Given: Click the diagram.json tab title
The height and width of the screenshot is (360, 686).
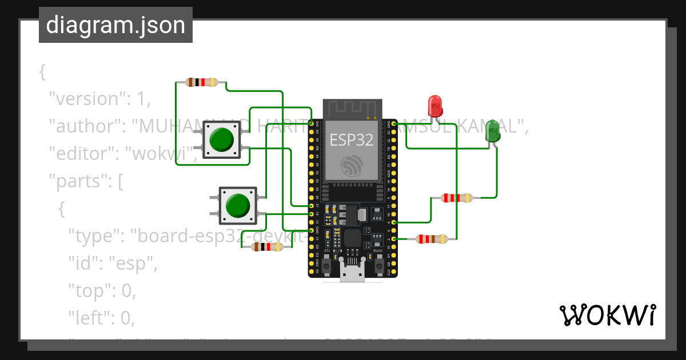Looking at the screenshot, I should point(115,25).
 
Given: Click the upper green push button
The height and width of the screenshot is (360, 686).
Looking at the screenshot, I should point(221,139).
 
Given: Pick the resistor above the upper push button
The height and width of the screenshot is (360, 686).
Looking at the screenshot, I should point(202,82).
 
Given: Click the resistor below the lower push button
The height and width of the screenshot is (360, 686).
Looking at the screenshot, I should point(267,247).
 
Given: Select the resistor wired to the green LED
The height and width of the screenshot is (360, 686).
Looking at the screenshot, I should point(457,198).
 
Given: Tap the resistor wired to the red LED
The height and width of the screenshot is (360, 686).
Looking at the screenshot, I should point(432,239).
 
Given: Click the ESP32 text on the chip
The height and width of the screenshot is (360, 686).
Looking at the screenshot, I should point(351,139).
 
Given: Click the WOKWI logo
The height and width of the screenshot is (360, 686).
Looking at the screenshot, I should point(607,315).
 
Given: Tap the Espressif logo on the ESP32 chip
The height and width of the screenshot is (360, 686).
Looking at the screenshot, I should point(351,166).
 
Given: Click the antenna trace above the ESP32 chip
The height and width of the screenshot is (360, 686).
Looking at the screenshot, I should point(351,109).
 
